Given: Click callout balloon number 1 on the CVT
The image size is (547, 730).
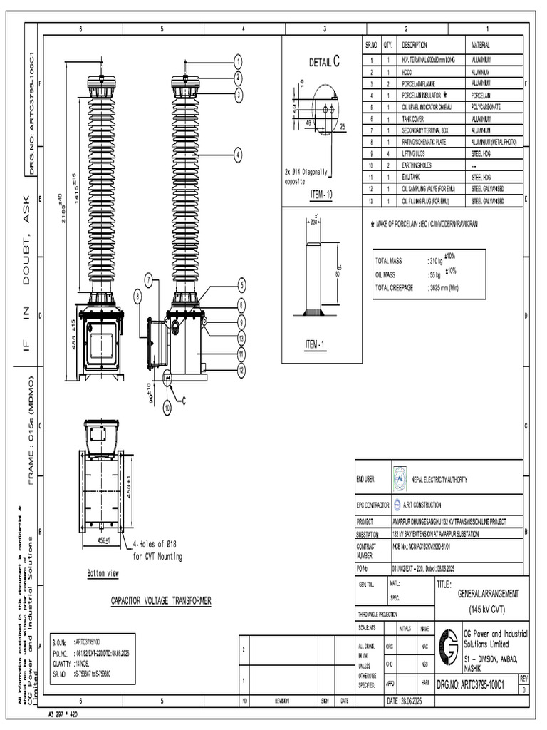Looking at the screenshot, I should pyautogui.click(x=239, y=61).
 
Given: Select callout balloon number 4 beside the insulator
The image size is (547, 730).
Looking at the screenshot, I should pyautogui.click(x=239, y=154).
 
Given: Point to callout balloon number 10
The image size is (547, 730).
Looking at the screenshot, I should pyautogui.click(x=167, y=408).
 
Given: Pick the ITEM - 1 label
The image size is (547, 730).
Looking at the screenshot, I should pyautogui.click(x=315, y=345).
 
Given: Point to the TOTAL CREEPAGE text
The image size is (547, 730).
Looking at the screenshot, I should pyautogui.click(x=397, y=287).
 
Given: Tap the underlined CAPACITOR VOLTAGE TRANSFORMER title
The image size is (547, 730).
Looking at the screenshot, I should pyautogui.click(x=160, y=602).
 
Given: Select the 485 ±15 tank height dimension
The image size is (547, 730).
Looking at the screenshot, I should pyautogui.click(x=72, y=333).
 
